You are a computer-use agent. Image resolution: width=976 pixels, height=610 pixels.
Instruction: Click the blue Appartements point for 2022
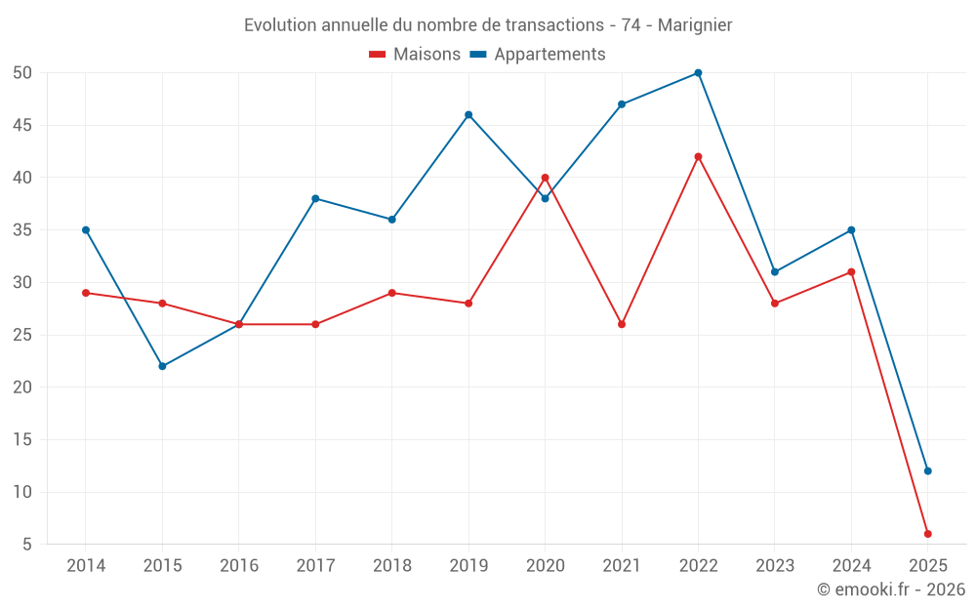pos(698,73)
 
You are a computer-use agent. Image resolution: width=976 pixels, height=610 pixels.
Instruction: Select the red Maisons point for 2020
pos(545,178)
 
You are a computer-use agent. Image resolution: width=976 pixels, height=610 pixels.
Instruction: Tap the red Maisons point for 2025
pos(927,534)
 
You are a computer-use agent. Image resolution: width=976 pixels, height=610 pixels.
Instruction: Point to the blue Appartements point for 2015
pos(162,366)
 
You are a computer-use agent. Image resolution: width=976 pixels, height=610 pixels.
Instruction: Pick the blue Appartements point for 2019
pos(468,115)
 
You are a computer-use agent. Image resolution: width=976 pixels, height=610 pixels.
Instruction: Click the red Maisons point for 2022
pos(698,157)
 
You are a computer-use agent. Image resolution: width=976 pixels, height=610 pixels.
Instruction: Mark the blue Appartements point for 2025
pos(927,471)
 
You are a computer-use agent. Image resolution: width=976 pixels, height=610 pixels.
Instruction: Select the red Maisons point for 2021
pos(622,324)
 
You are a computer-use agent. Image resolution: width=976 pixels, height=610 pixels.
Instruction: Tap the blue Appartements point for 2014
pos(86,230)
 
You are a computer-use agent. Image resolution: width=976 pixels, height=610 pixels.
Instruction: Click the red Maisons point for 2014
pos(86,293)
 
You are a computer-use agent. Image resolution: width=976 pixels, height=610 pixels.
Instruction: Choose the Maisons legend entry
pos(415,55)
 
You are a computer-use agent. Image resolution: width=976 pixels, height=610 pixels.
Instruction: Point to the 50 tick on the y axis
pos(23,73)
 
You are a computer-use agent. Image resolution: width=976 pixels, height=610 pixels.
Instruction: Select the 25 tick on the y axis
pos(23,335)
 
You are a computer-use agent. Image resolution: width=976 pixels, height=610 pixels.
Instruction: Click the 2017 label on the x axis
pos(315,566)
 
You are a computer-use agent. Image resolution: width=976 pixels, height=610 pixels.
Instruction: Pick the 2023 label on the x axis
pos(775,566)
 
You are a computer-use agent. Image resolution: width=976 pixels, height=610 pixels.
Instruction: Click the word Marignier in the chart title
pos(695,25)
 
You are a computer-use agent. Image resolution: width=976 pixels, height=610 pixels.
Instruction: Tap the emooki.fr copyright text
pos(891,590)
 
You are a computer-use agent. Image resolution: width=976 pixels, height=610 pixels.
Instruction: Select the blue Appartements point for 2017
pos(315,199)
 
